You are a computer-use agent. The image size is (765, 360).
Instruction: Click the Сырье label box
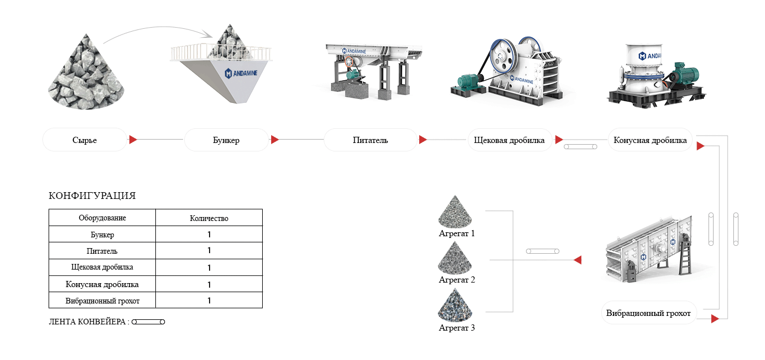point(85,140)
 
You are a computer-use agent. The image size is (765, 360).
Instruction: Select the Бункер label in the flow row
point(227,140)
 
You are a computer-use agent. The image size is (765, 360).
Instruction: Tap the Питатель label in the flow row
point(371,140)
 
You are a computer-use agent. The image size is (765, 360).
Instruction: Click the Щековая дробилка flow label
point(509,140)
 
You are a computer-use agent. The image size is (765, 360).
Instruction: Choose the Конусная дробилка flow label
point(650,140)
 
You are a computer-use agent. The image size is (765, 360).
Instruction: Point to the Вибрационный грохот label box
point(649,313)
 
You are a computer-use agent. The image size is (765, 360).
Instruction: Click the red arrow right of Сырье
point(133,140)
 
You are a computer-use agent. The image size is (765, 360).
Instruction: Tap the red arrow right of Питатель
point(423,140)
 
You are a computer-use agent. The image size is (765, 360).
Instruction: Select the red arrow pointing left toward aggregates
point(577,260)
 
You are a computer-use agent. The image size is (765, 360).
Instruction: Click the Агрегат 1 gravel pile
point(455,212)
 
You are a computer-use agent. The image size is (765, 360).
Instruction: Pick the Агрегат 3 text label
point(457,328)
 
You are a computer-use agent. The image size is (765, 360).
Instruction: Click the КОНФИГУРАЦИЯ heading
point(92,196)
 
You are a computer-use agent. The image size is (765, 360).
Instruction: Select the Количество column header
point(209,218)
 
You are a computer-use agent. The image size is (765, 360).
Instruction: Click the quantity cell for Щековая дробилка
point(209,267)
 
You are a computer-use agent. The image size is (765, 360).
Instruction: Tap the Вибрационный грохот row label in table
point(102,301)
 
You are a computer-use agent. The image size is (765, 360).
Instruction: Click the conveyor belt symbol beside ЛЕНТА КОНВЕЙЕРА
point(148,322)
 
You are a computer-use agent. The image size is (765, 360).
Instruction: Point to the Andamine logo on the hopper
point(241,73)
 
